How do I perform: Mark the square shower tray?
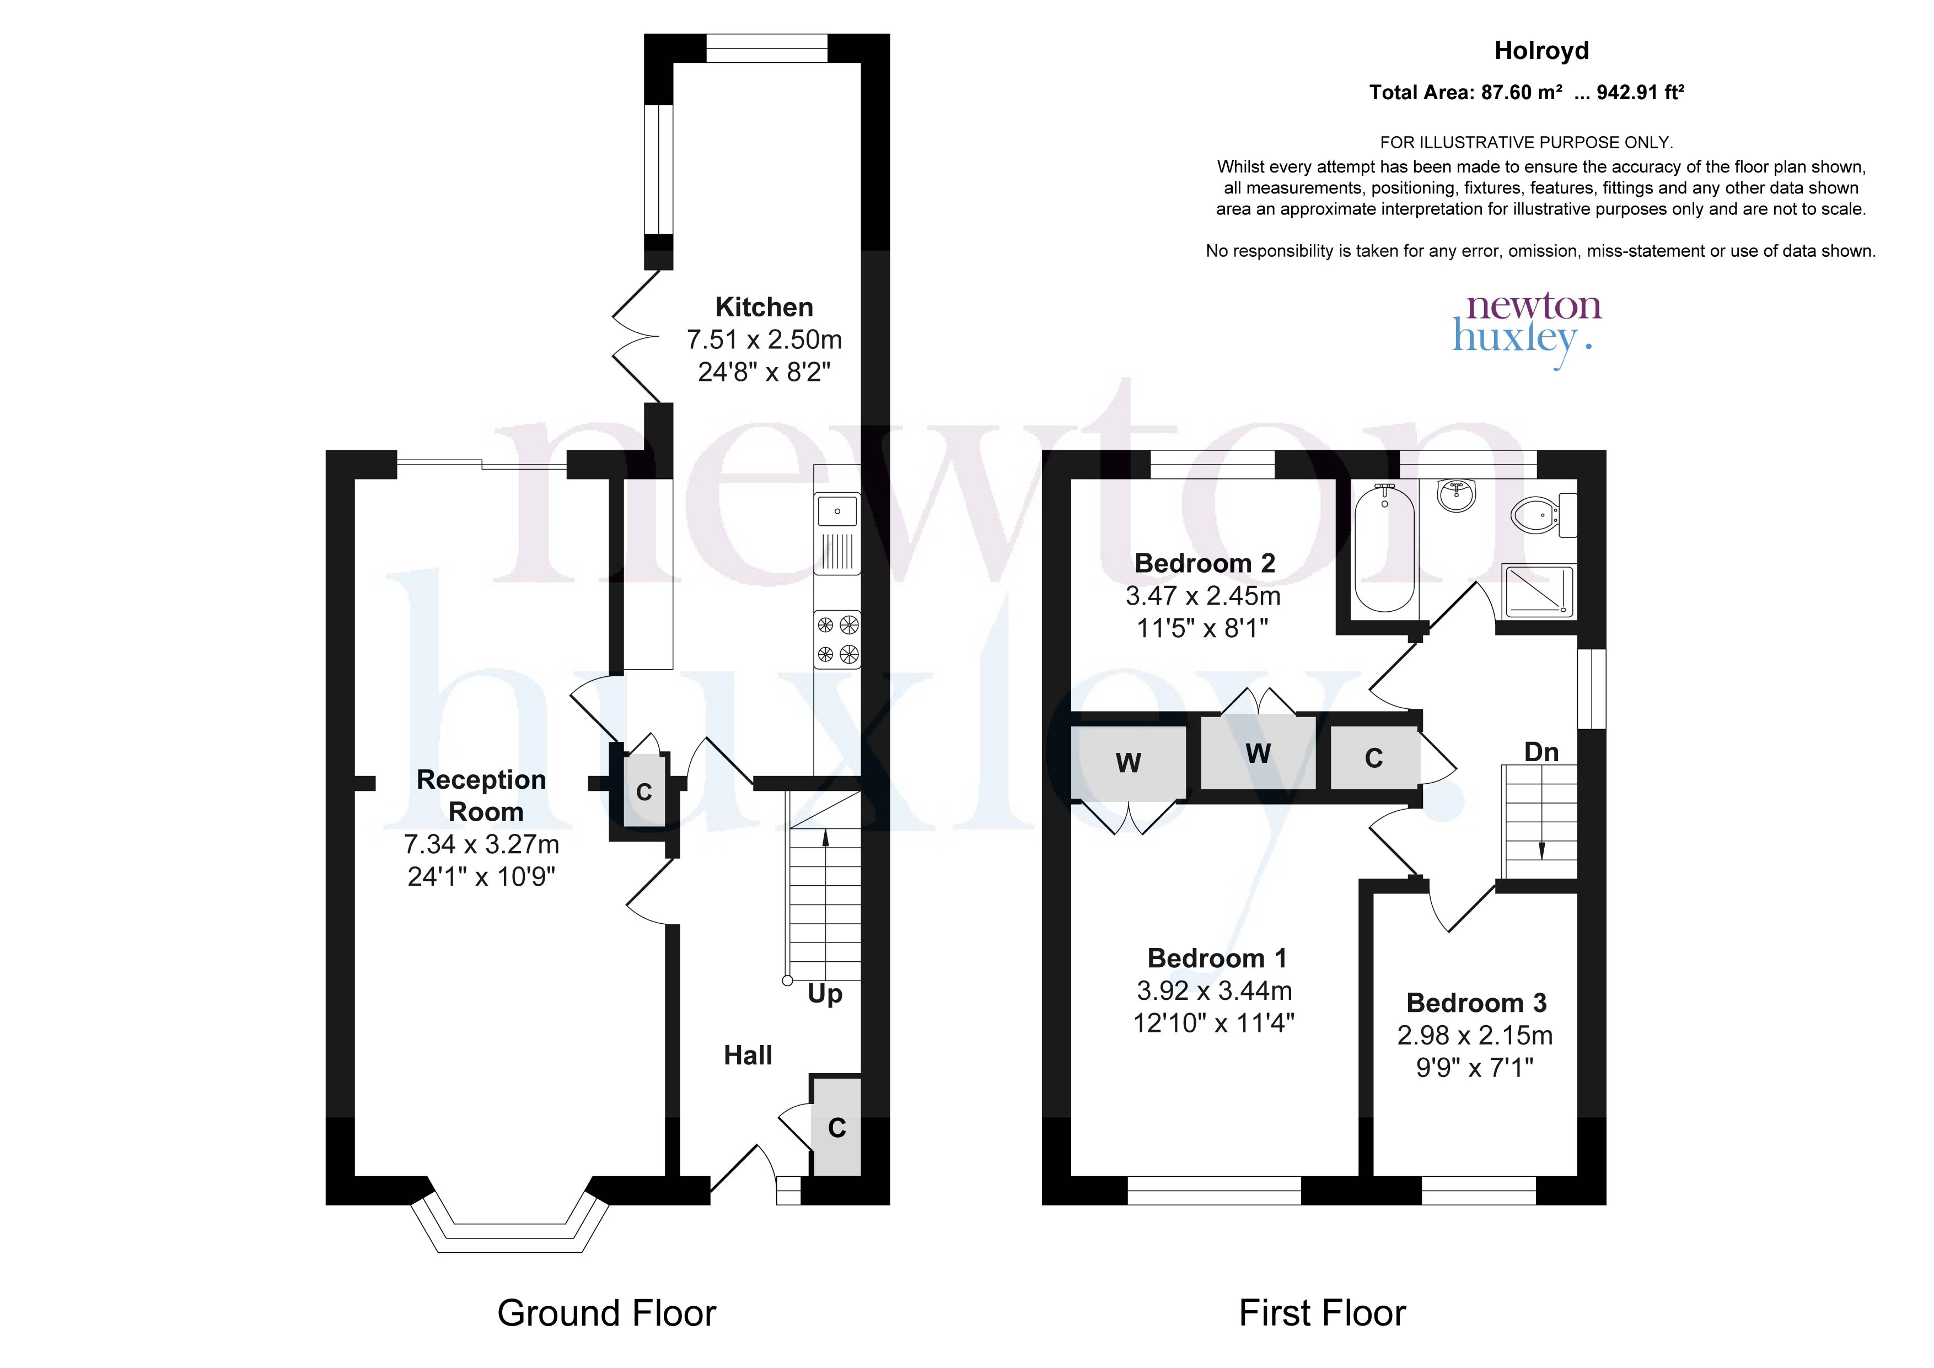[x=1538, y=590]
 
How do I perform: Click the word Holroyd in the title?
[x=1541, y=51]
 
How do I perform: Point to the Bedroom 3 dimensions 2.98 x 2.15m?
[x=1475, y=1035]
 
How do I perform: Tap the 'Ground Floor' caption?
[x=606, y=1313]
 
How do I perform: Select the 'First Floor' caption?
[x=1323, y=1313]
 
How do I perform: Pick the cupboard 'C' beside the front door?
[x=836, y=1127]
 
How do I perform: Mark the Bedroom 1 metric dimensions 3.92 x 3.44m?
[x=1215, y=990]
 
